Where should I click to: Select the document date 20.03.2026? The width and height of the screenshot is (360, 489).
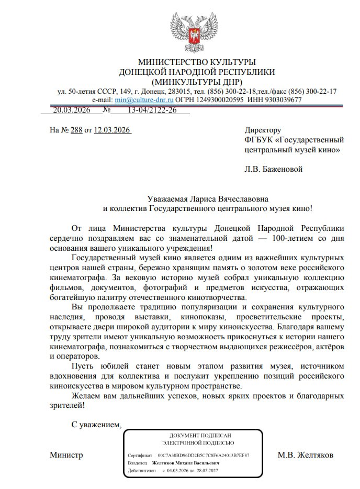pyautogui.click(x=72, y=110)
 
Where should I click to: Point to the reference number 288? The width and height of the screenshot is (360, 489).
pyautogui.click(x=76, y=130)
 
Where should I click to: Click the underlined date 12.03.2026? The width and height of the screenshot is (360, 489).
pyautogui.click(x=112, y=130)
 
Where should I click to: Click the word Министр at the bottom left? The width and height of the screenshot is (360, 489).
pyautogui.click(x=66, y=455)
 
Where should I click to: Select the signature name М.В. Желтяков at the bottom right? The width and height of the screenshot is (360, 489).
pyautogui.click(x=305, y=455)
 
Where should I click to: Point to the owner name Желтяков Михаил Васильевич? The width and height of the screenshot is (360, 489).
pyautogui.click(x=185, y=463)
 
